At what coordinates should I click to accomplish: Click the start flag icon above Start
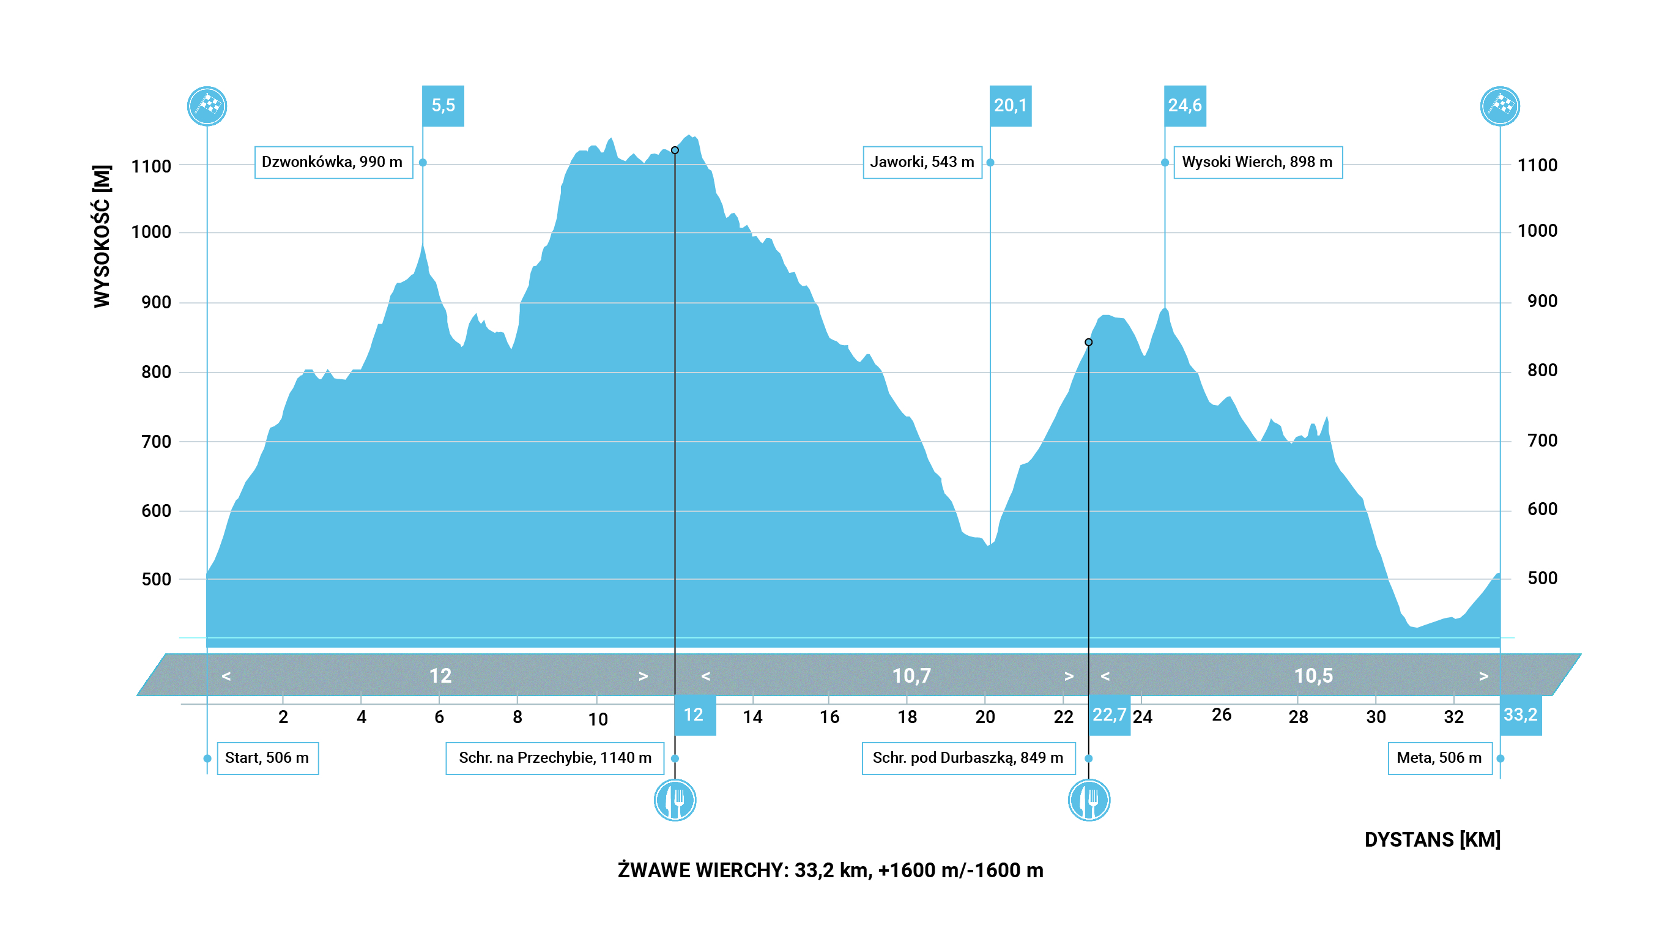pos(207,106)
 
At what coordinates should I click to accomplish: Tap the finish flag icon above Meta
pos(1499,106)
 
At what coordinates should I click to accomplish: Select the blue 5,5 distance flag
pos(443,105)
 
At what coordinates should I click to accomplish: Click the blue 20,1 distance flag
pos(1011,105)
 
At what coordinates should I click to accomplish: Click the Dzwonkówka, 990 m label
pos(333,162)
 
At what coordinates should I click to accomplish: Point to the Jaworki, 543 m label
pos(922,162)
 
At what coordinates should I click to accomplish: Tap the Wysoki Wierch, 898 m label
pos(1258,162)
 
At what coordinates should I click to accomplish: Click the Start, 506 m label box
pos(267,758)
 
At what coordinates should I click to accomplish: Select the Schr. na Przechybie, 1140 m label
pos(555,758)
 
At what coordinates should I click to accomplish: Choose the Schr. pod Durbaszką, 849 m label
pos(968,758)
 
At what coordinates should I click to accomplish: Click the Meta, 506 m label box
pos(1439,758)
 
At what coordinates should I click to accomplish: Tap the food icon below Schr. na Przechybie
pos(675,800)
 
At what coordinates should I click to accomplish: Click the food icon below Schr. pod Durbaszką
pos(1089,800)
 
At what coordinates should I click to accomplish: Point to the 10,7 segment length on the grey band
pos(911,676)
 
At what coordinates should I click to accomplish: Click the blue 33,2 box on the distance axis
pos(1520,715)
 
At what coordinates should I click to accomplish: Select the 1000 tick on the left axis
pos(151,232)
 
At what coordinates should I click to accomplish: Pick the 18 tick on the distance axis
pos(907,717)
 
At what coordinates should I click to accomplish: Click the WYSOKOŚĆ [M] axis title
pos(102,236)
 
